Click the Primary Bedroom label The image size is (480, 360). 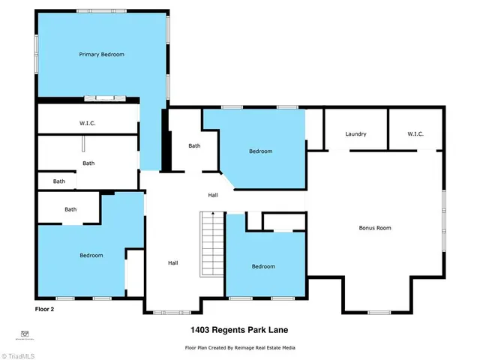(102, 55)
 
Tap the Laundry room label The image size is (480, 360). (355, 134)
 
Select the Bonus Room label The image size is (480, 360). (375, 228)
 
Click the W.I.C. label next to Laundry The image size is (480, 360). (415, 134)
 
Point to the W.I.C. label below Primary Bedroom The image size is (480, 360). (87, 123)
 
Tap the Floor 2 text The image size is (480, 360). (45, 308)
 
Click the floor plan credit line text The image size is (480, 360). (239, 348)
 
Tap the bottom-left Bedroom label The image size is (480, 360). (91, 256)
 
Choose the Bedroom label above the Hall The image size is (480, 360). (260, 151)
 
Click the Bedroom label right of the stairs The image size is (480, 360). (263, 266)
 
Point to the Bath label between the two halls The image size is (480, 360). (194, 146)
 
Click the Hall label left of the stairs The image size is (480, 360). (172, 263)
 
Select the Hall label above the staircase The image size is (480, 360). (213, 196)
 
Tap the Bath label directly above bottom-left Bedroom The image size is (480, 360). (70, 209)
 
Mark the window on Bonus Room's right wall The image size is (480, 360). (443, 209)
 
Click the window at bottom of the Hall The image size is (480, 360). (172, 311)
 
